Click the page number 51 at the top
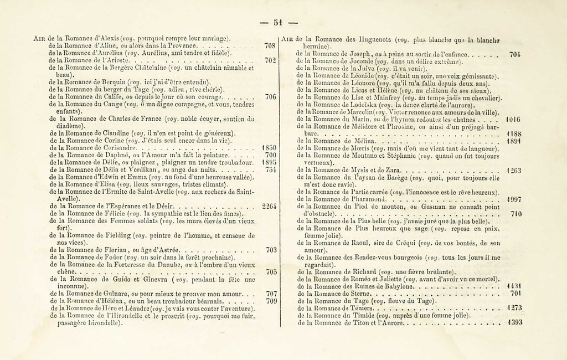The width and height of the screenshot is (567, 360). pyautogui.click(x=278, y=22)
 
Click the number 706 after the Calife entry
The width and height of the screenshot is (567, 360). pyautogui.click(x=270, y=97)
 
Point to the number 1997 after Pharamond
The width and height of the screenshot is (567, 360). pyautogui.click(x=514, y=199)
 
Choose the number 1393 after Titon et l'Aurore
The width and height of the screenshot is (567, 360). pyautogui.click(x=514, y=322)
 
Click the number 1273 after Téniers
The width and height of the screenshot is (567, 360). pyautogui.click(x=514, y=307)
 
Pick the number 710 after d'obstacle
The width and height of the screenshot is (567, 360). pyautogui.click(x=516, y=213)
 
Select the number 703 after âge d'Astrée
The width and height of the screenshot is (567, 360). pyautogui.click(x=271, y=250)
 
